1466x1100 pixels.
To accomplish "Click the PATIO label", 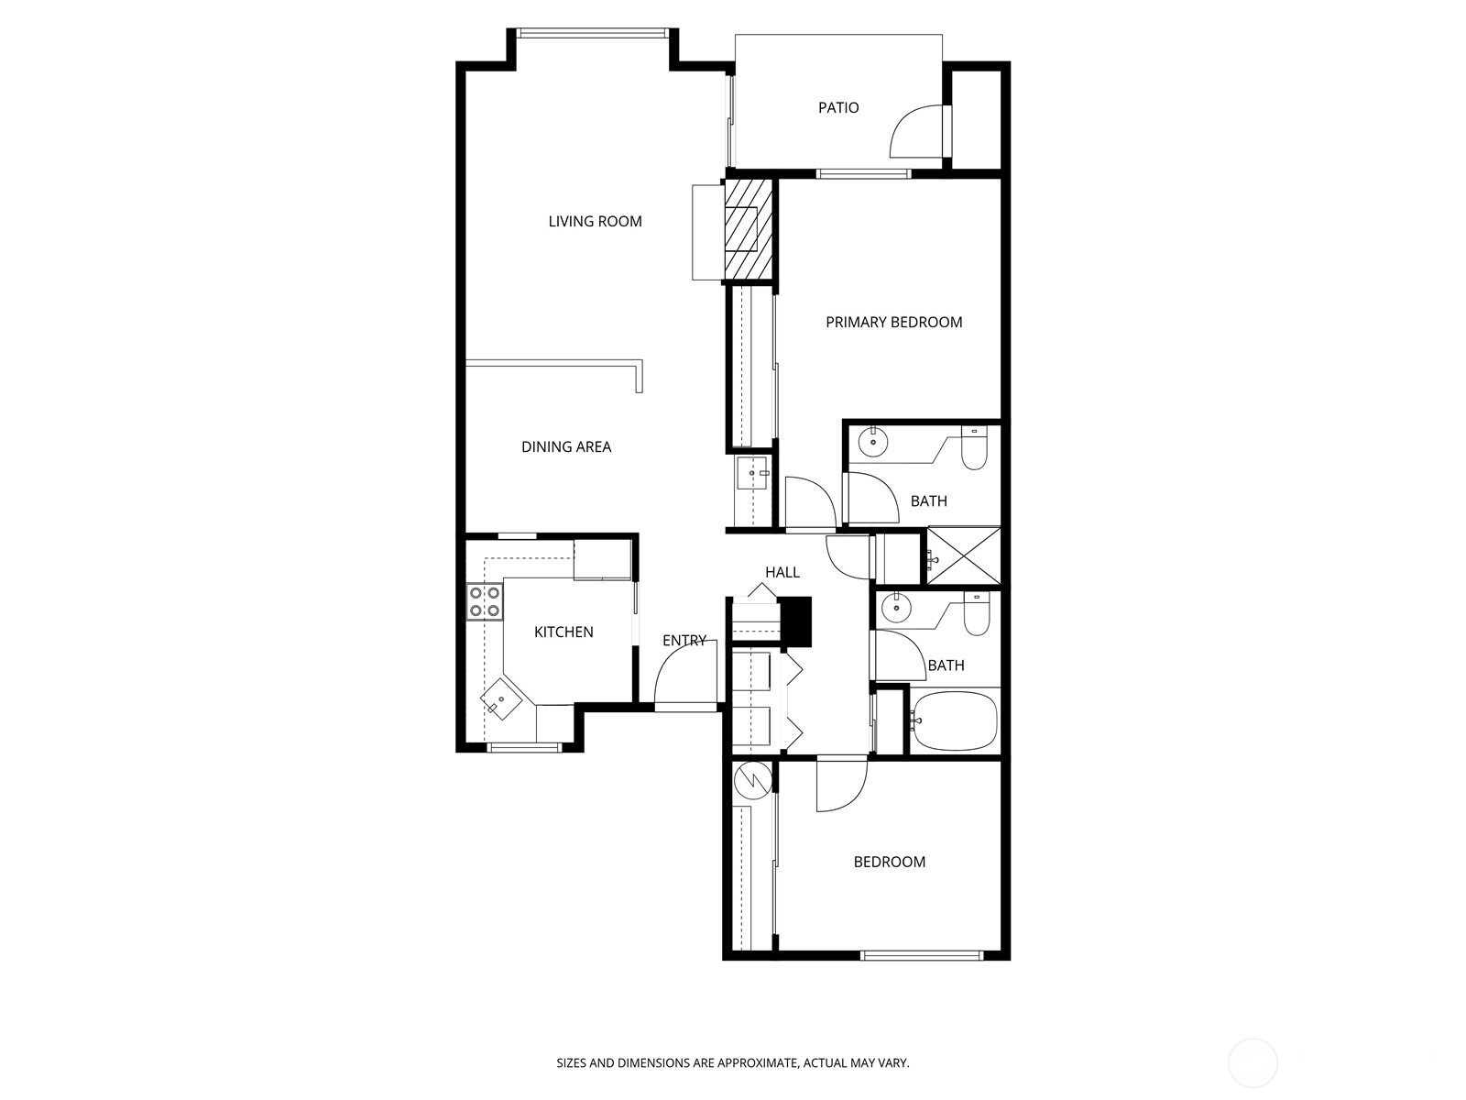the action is click(x=838, y=107).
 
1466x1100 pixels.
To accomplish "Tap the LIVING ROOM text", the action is click(x=595, y=221).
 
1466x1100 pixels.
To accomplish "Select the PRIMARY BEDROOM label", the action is click(x=893, y=322).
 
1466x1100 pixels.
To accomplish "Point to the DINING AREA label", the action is click(x=566, y=446).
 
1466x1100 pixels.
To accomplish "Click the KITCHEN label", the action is click(x=563, y=632).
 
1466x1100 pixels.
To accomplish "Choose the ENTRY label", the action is click(x=684, y=641).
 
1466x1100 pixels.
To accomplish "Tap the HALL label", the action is click(x=782, y=572).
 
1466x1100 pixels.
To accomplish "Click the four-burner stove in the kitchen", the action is click(x=484, y=601).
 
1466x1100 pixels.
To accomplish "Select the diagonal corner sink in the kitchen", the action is click(x=501, y=699).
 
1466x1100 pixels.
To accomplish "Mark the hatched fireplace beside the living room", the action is click(x=748, y=230).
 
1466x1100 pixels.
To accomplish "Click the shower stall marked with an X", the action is click(x=963, y=555).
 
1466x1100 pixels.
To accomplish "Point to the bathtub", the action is click(x=955, y=721).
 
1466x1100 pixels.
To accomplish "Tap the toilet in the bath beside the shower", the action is click(x=974, y=449).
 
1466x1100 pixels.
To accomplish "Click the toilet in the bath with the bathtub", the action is click(x=976, y=614).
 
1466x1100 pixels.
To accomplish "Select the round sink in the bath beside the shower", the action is click(x=872, y=442).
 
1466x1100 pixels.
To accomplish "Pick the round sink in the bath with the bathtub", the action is click(x=895, y=607).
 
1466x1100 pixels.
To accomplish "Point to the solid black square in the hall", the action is click(x=795, y=621).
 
